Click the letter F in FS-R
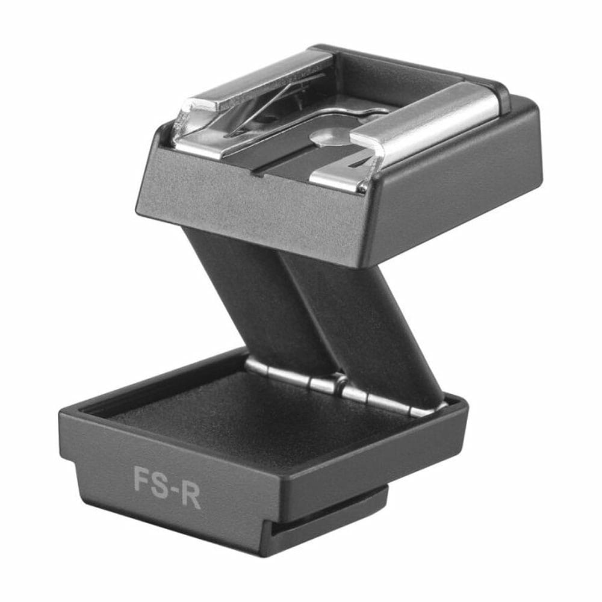click(141, 479)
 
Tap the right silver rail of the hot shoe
click(423, 131)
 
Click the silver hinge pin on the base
click(346, 388)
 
